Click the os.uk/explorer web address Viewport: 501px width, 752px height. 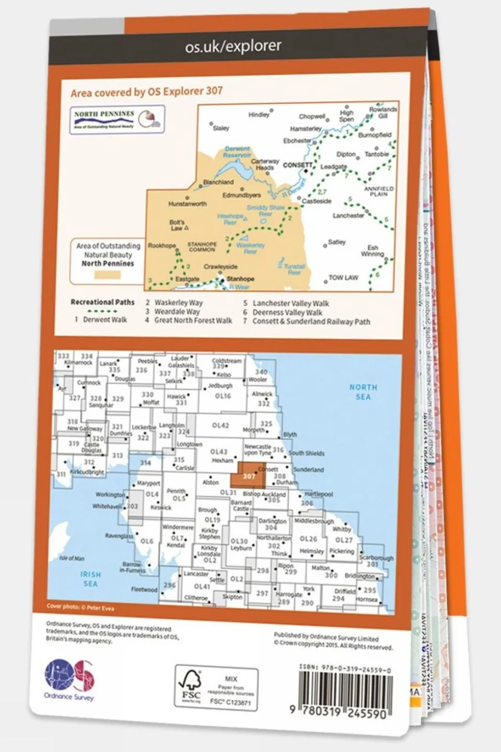pos(233,47)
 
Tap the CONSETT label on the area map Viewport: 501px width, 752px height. pos(297,165)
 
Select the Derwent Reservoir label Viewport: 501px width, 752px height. pos(237,152)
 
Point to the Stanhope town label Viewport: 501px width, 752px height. pos(240,279)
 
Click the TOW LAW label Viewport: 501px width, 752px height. pos(343,277)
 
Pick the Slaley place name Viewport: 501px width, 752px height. pos(221,128)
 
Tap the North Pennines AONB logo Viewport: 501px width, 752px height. pos(118,119)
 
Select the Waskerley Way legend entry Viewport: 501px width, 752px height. pos(178,303)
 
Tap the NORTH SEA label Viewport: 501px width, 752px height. pos(363,392)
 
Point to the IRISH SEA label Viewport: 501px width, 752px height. pos(90,579)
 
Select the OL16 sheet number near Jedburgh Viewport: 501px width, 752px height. pos(223,396)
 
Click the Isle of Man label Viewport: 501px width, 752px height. pos(72,558)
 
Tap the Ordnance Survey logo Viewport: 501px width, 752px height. pos(69,679)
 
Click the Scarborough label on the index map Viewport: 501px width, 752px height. pos(376,558)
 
